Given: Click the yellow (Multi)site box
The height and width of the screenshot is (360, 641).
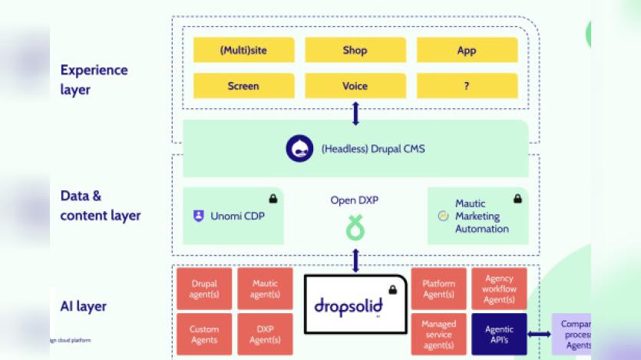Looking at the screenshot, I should (243, 51).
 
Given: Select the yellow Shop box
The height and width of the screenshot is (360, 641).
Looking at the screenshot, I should (355, 51).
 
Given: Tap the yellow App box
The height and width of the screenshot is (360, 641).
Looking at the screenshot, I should (467, 51).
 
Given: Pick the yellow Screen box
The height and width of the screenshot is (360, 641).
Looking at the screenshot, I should (243, 86).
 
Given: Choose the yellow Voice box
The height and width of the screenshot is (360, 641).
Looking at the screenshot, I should (355, 86).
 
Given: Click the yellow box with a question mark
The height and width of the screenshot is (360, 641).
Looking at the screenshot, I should (467, 86).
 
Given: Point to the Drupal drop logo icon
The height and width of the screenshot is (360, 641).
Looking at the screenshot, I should (299, 149).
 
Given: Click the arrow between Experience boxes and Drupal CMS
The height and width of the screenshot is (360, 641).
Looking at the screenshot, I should (355, 114).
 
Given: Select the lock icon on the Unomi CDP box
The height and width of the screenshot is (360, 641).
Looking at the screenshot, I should (273, 199).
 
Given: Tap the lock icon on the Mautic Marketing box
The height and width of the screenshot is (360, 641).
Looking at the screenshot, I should (517, 199).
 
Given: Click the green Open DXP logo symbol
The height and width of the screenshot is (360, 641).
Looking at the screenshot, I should (355, 228).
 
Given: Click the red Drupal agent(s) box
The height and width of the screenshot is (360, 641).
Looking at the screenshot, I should (204, 289).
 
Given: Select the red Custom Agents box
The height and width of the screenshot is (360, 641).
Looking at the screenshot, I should (204, 335).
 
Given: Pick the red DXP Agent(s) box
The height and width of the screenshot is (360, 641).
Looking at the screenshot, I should (265, 335).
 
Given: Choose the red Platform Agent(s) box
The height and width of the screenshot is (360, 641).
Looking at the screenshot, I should (439, 289).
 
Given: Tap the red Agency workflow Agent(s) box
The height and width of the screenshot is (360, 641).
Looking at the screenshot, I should (500, 289).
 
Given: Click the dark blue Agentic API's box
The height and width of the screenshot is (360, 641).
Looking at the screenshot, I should (500, 335).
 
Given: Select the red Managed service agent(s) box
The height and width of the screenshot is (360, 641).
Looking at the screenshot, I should (439, 335).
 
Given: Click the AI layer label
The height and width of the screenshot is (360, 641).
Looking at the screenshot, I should (84, 306).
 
